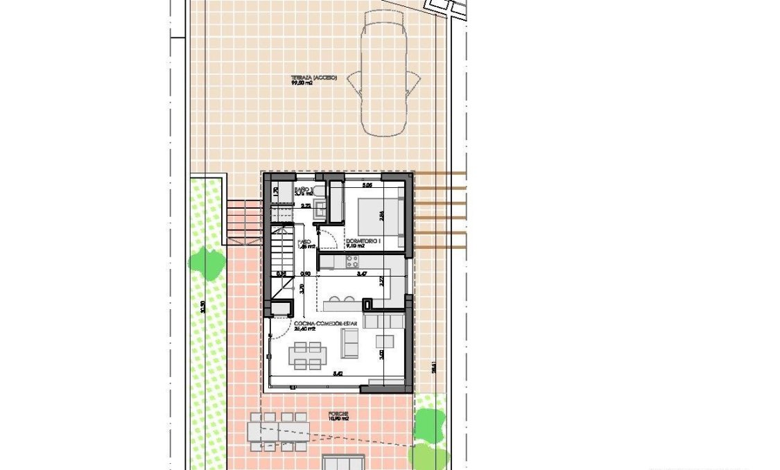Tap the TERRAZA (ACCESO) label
[313, 78]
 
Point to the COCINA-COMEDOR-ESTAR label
[320, 324]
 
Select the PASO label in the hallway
[304, 243]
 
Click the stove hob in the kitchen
[352, 261]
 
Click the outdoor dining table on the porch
[279, 432]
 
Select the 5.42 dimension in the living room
[338, 374]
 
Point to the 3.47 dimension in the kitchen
[361, 275]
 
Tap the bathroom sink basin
[320, 206]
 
